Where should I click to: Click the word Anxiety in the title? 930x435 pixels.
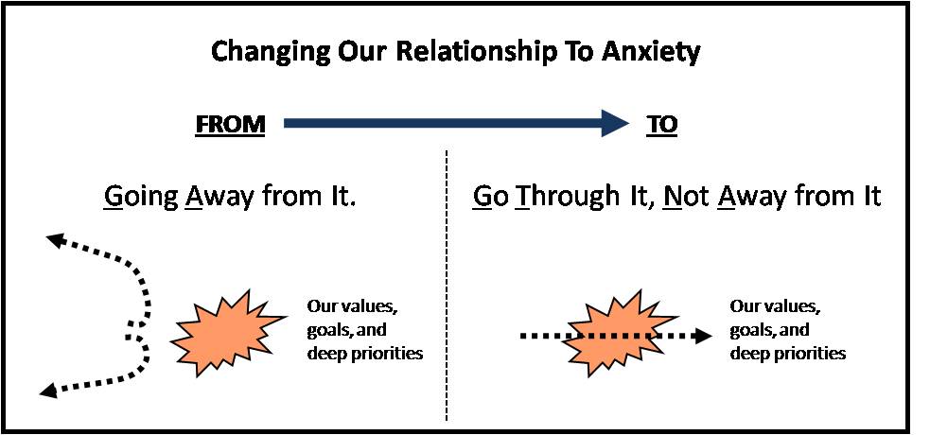(651, 52)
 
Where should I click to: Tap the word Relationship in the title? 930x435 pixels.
(476, 52)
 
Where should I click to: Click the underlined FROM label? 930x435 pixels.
(230, 125)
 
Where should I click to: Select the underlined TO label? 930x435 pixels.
(661, 125)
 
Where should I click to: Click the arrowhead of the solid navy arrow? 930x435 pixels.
(614, 123)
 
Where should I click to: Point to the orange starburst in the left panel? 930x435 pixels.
(226, 333)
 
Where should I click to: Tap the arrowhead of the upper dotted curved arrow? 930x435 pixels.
(57, 240)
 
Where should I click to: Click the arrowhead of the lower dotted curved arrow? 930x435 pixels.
(48, 389)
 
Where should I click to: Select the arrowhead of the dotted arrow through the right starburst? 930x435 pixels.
(703, 336)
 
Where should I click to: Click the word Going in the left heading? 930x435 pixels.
(141, 197)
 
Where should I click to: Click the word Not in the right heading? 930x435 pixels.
(686, 196)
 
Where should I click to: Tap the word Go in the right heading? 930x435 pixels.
(490, 196)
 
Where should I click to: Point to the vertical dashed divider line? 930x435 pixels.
(447, 285)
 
